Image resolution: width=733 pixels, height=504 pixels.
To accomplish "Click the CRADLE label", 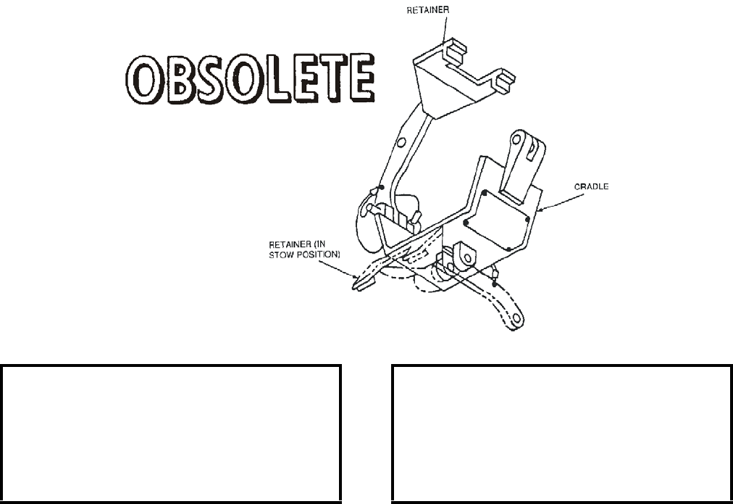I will click(x=592, y=186).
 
